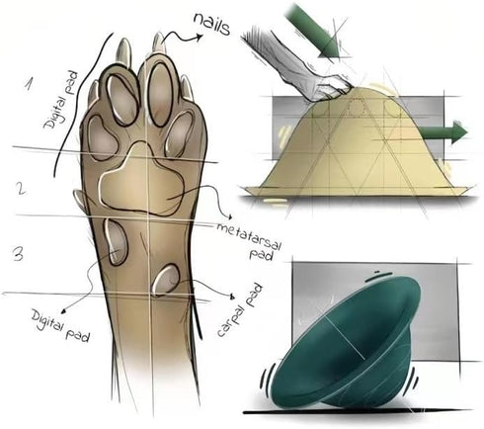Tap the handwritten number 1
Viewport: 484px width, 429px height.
click(29, 84)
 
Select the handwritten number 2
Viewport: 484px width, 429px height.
click(21, 189)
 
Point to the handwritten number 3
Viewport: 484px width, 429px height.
click(18, 255)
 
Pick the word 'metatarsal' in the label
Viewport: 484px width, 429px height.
click(250, 235)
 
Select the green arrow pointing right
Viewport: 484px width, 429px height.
click(443, 132)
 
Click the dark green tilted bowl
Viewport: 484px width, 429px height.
click(346, 343)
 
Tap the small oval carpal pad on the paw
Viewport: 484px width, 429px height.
click(166, 280)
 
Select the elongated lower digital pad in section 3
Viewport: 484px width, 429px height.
click(116, 242)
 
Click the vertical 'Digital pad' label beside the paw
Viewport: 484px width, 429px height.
click(61, 100)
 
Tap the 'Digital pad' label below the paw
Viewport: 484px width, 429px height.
click(60, 325)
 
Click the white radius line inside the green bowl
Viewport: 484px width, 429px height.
click(345, 339)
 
